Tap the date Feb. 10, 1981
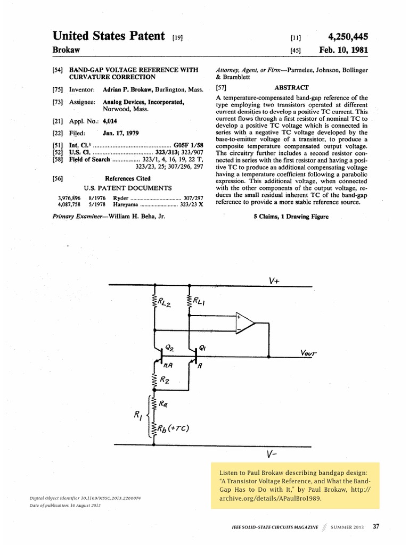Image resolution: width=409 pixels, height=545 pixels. pos(343,50)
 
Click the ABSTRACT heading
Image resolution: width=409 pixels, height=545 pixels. pos(291,87)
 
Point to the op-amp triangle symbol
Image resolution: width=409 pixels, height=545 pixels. pos(246,323)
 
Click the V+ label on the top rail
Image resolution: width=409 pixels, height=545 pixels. pos(274,280)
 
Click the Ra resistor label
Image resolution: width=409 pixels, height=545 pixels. pos(163,404)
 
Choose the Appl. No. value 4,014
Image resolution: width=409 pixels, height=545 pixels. pos(110,121)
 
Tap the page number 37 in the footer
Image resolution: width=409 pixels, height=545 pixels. pos(376,527)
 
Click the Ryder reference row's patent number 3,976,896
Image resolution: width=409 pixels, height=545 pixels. pos(69,197)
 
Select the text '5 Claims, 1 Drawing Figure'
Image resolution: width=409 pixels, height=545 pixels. pos(291,217)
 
